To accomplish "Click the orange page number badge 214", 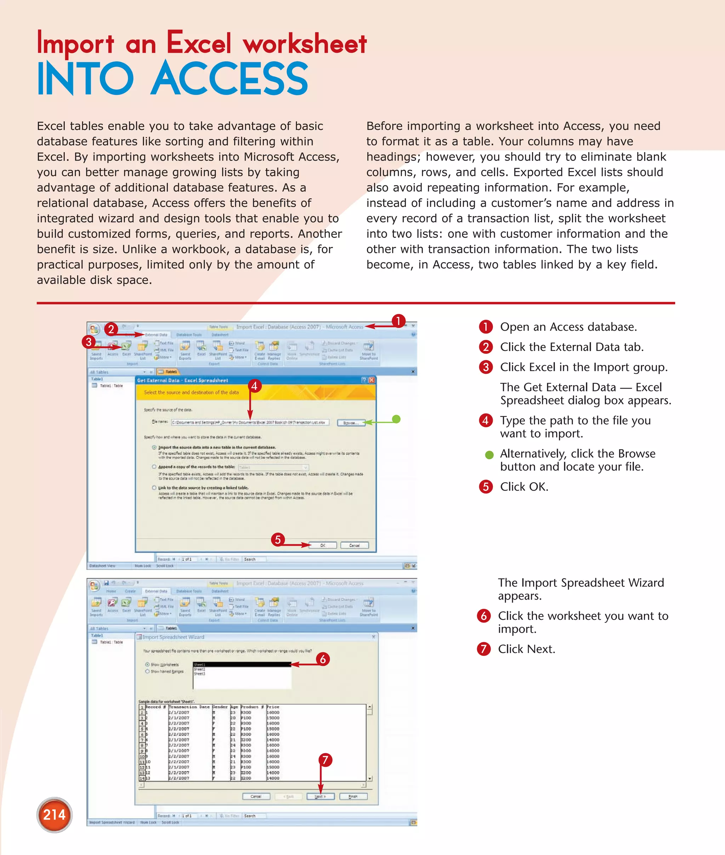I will click(x=54, y=815).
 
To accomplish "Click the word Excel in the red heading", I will click(x=199, y=43).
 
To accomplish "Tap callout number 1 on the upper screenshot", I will click(x=398, y=321).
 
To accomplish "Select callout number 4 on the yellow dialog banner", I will click(x=255, y=386).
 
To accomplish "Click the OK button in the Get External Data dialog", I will click(x=322, y=545).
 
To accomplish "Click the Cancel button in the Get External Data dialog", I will click(x=354, y=545).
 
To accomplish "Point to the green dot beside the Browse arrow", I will click(x=396, y=419).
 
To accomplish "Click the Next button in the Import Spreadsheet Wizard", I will click(x=320, y=797).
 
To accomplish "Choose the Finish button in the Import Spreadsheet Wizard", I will click(x=353, y=797).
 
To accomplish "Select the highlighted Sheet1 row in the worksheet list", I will click(x=242, y=664).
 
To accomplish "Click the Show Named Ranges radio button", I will click(x=147, y=671).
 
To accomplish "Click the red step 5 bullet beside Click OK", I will click(x=486, y=487).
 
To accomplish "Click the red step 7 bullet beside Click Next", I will click(x=484, y=649).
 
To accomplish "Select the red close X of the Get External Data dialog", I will click(x=372, y=380).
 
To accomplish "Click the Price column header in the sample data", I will click(x=273, y=707).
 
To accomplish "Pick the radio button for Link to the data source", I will click(x=154, y=487).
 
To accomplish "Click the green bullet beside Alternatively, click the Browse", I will click(x=489, y=455).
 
